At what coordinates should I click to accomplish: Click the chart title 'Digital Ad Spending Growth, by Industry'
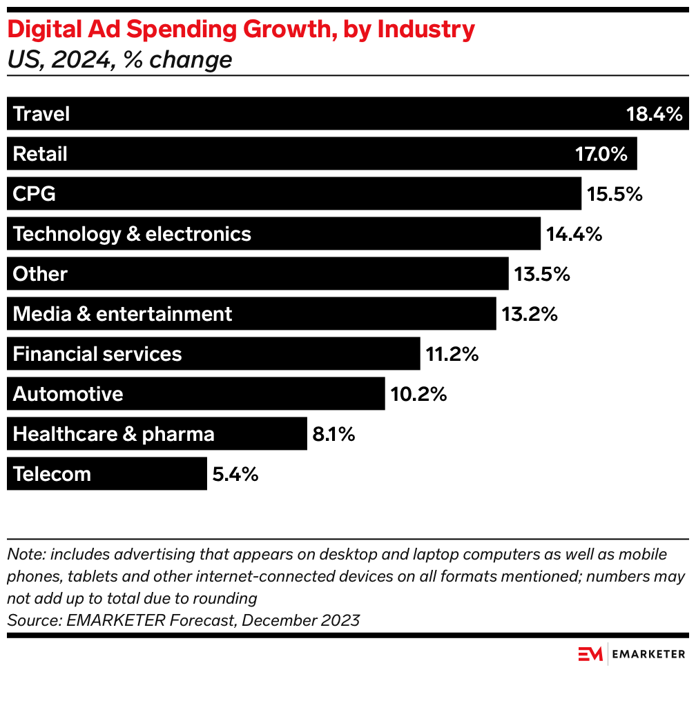[x=241, y=30]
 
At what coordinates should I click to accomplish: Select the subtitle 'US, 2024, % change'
[x=119, y=60]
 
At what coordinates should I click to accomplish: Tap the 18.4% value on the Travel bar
[x=654, y=114]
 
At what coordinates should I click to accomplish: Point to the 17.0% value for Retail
[x=601, y=154]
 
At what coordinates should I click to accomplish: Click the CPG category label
[x=35, y=194]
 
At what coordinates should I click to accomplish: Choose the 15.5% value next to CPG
[x=615, y=194]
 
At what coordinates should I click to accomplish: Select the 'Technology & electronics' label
[x=132, y=234]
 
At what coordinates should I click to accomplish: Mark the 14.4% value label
[x=574, y=234]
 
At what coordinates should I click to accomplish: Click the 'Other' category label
[x=40, y=274]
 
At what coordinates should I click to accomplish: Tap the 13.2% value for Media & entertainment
[x=530, y=314]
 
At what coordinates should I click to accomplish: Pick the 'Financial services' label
[x=97, y=354]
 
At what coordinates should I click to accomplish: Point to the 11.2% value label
[x=452, y=354]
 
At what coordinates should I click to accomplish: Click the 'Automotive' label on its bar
[x=68, y=394]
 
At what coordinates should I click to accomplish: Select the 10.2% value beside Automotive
[x=418, y=394]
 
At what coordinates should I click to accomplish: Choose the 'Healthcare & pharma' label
[x=114, y=434]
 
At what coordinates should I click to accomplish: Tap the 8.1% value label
[x=333, y=434]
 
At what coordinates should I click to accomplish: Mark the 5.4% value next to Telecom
[x=235, y=474]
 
